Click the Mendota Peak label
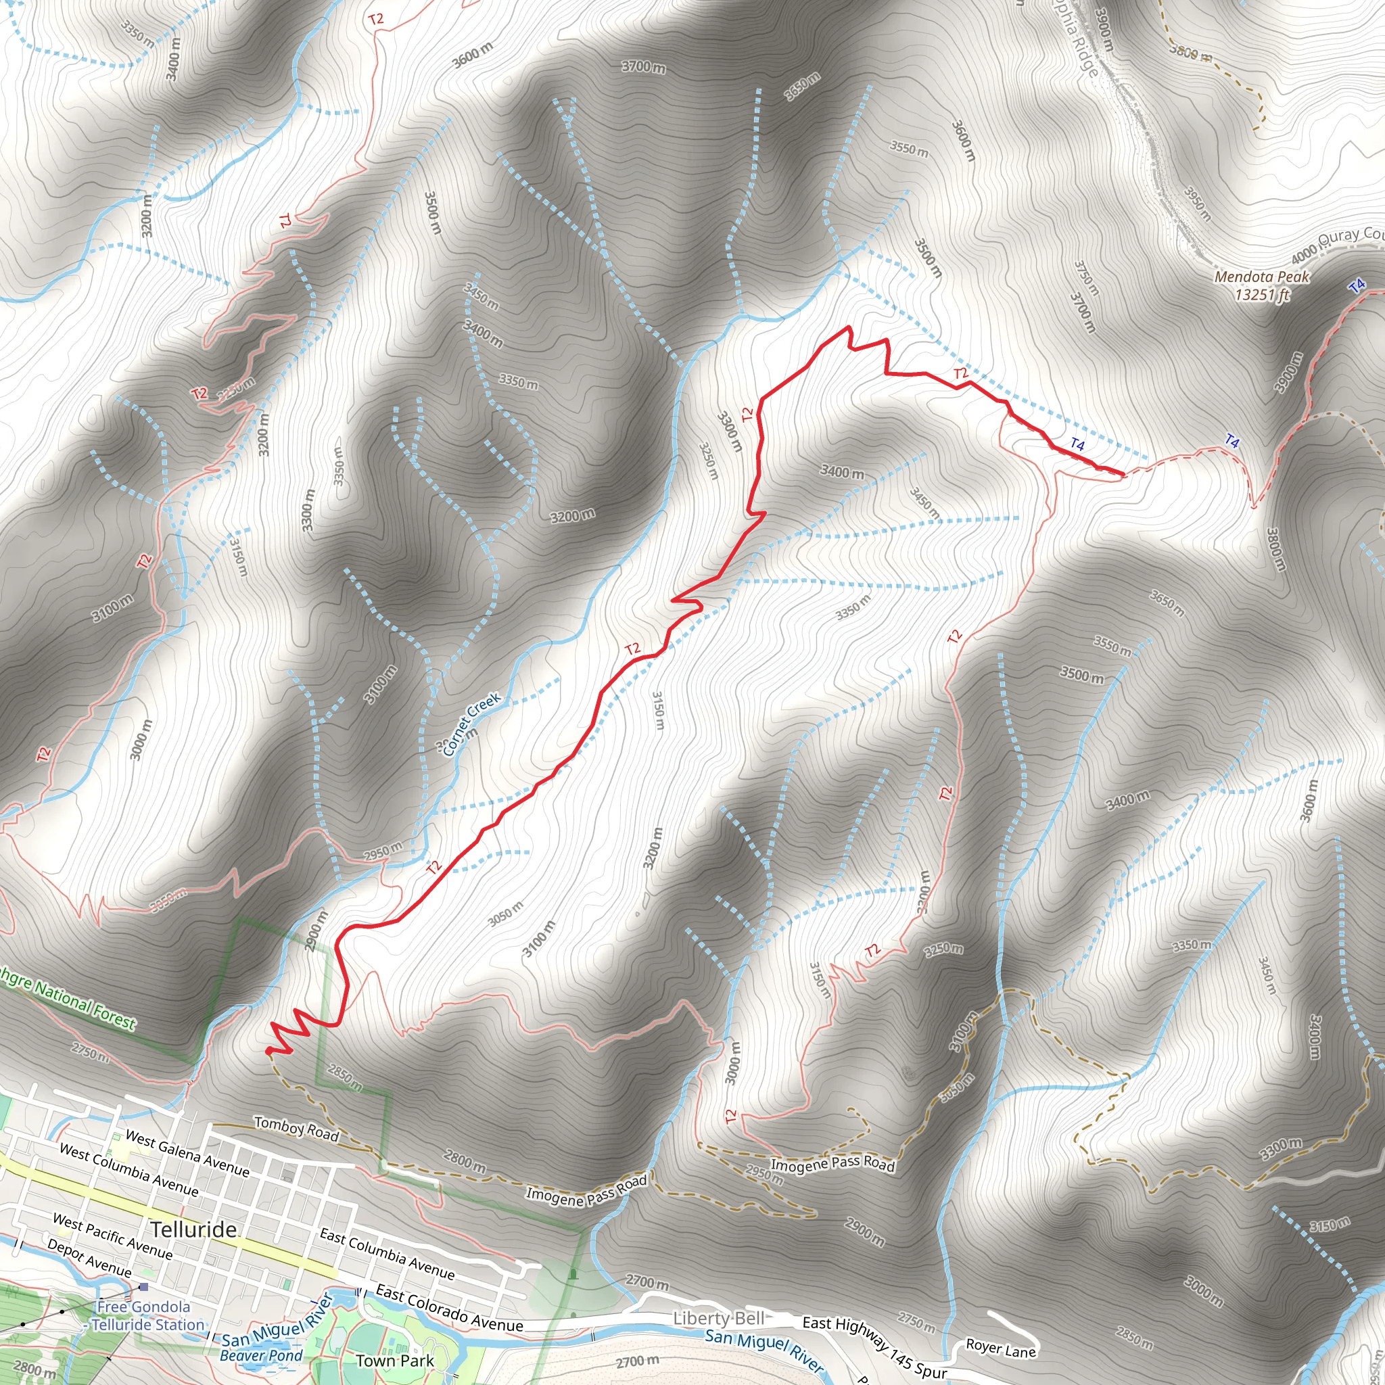tap(1262, 277)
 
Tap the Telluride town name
tap(193, 1229)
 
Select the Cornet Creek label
tap(471, 724)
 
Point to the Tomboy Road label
tap(296, 1129)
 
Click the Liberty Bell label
tap(719, 1318)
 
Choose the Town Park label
tap(395, 1361)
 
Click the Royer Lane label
tap(1001, 1348)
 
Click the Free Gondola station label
tap(143, 1307)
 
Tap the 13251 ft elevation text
tap(1262, 295)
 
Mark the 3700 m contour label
tap(643, 68)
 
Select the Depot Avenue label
tap(90, 1257)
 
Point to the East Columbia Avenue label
tap(387, 1254)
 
